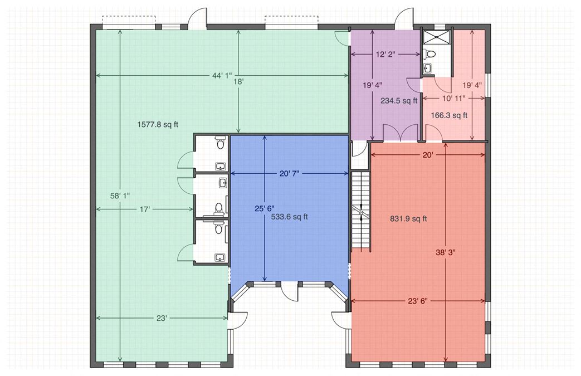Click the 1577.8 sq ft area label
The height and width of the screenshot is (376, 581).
(x=158, y=124)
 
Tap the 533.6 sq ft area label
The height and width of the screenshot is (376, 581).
(x=290, y=217)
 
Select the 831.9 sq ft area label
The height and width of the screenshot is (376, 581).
(x=408, y=218)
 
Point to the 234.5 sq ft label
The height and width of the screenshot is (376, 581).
(x=399, y=100)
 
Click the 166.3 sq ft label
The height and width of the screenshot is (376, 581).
(x=449, y=115)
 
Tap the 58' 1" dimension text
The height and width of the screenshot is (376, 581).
(x=120, y=196)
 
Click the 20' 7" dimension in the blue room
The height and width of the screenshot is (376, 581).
(x=289, y=173)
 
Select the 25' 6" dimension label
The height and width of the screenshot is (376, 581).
(x=264, y=208)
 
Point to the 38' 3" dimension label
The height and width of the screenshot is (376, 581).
(x=446, y=253)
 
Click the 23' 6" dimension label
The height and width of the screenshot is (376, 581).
(x=418, y=301)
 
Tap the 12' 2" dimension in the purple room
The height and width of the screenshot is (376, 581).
(x=385, y=55)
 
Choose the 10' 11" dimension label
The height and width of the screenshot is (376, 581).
(x=453, y=98)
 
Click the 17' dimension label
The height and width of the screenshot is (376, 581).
(x=144, y=209)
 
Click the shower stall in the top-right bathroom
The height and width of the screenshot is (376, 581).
(x=437, y=37)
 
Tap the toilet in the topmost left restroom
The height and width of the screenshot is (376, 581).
(x=221, y=142)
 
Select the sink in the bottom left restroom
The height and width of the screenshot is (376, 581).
(x=221, y=257)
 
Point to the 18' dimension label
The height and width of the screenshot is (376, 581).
(x=238, y=81)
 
